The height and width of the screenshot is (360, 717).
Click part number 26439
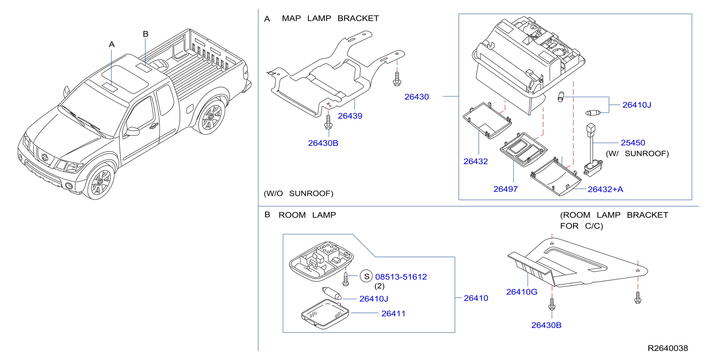[x=350, y=116]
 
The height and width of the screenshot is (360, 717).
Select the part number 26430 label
[x=417, y=97]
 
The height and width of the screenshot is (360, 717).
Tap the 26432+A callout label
[x=605, y=189]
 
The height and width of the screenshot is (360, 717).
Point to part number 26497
[x=505, y=189]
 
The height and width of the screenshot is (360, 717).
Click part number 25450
[x=633, y=143]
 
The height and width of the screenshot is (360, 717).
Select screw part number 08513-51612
[x=401, y=277]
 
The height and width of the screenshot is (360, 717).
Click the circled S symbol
[x=366, y=276]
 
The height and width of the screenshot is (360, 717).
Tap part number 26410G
[x=522, y=292]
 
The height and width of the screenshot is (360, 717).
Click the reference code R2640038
[x=667, y=348]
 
